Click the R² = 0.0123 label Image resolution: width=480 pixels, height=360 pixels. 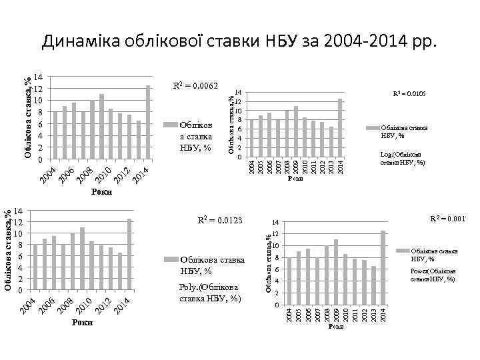click(x=219, y=219)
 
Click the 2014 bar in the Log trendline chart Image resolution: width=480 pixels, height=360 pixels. click(x=340, y=128)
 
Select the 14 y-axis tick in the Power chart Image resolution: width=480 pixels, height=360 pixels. click(x=276, y=222)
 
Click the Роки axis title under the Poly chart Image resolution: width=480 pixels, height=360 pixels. click(x=83, y=323)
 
